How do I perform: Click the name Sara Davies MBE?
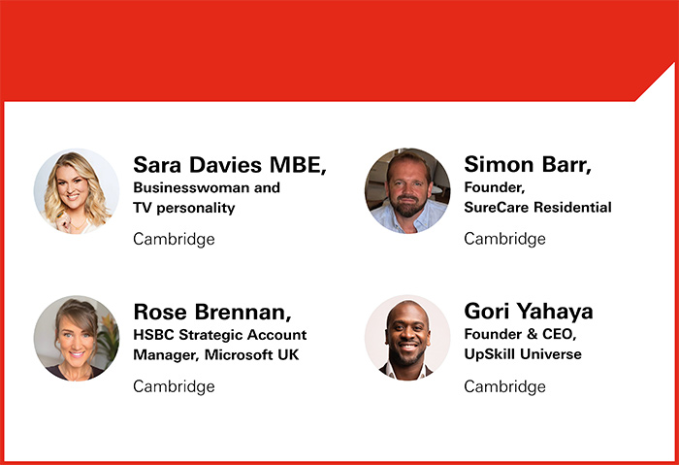click(x=229, y=164)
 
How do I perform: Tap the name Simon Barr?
click(x=528, y=164)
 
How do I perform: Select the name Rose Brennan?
click(x=211, y=312)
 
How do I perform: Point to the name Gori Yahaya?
click(x=529, y=312)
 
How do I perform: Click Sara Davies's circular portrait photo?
click(x=77, y=190)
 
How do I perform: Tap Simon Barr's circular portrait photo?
click(x=407, y=190)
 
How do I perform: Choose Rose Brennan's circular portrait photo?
click(x=77, y=338)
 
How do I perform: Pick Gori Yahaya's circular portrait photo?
click(x=407, y=338)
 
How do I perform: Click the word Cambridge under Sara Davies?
click(x=174, y=239)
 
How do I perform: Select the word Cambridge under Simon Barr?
click(x=504, y=239)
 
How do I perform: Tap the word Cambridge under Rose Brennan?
click(x=174, y=386)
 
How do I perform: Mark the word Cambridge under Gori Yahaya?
click(x=504, y=386)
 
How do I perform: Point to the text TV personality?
click(x=184, y=207)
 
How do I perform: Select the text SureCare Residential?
click(x=537, y=207)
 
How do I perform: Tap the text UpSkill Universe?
click(x=523, y=354)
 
